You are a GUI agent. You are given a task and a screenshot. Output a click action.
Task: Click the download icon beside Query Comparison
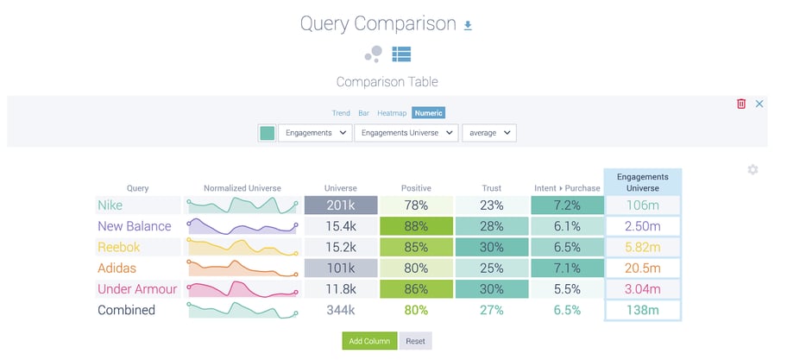point(468,25)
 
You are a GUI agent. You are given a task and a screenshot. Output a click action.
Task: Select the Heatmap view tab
point(391,113)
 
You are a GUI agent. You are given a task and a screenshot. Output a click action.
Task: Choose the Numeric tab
point(429,113)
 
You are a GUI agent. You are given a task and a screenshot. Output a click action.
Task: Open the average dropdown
point(488,133)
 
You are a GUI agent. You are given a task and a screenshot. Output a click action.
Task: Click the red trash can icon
point(740,104)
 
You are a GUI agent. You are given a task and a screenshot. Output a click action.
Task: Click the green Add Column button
point(369,341)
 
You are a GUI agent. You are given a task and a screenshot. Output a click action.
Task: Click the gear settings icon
point(752,170)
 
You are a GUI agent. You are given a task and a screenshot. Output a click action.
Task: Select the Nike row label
point(110,205)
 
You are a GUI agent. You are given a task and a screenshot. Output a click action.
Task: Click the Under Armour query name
point(137,289)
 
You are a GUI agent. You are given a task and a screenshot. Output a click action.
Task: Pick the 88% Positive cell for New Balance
point(416,226)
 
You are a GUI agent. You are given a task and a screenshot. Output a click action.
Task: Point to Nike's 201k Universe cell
point(340,205)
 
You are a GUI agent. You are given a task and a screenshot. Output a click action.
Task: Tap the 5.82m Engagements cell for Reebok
point(643,247)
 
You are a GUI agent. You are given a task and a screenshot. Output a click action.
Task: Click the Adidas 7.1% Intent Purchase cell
point(566,268)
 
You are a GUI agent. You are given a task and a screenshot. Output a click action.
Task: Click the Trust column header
point(492,187)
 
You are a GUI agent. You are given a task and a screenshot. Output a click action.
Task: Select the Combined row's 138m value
point(643,310)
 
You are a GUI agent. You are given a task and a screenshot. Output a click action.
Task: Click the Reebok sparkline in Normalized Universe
point(242,248)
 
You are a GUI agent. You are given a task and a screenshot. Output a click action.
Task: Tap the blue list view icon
point(400,54)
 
